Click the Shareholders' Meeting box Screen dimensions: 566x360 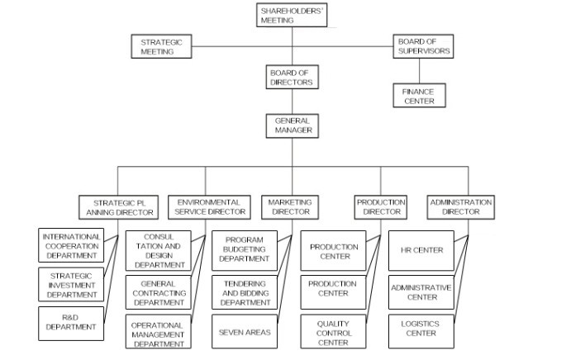click(x=292, y=15)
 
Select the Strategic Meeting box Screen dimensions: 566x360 click(x=161, y=46)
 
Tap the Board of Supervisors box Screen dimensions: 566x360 click(x=423, y=46)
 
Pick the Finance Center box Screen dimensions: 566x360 click(x=419, y=96)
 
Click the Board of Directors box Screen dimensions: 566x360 click(x=292, y=77)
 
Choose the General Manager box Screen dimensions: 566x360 click(x=292, y=126)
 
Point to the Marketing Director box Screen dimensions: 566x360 click(x=290, y=207)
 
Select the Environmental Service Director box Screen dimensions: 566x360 click(x=209, y=207)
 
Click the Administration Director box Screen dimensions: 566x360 click(x=460, y=207)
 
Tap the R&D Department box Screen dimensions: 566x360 click(x=71, y=323)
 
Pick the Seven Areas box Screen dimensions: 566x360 click(x=245, y=331)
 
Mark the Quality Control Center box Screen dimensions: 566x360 click(x=333, y=331)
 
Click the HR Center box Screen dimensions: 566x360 click(x=421, y=251)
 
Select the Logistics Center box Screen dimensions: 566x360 click(x=421, y=331)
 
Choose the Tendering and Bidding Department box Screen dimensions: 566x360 click(x=245, y=292)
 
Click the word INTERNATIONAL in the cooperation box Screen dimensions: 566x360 click(x=71, y=237)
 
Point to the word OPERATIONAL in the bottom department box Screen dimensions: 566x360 click(x=157, y=325)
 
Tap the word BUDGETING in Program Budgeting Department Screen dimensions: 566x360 click(x=244, y=249)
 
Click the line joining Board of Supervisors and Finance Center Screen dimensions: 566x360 click(x=420, y=71)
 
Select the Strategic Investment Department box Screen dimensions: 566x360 click(x=71, y=285)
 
